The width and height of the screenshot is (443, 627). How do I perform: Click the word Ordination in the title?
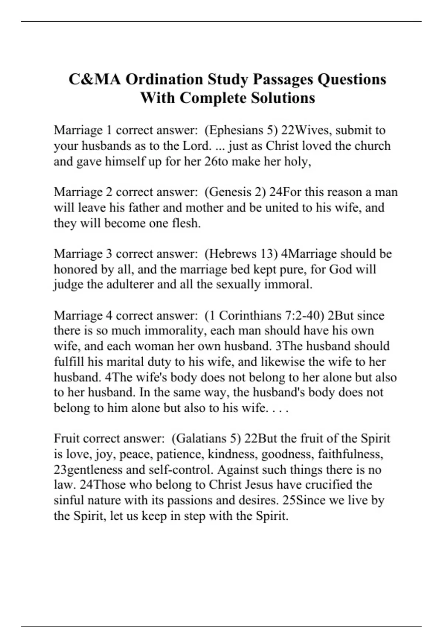click(164, 79)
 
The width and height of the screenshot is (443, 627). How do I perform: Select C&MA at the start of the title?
click(95, 79)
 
